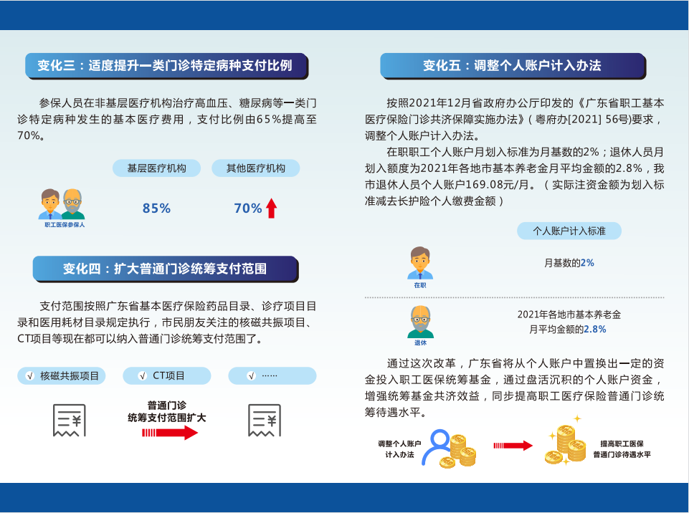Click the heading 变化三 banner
[x=166, y=66]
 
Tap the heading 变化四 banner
[x=166, y=269]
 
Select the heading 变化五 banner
[x=513, y=66]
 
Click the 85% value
[x=156, y=208]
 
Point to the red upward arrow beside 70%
[x=272, y=208]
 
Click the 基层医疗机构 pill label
[x=157, y=168]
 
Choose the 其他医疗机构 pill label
[x=256, y=168]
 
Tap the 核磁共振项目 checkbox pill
[x=62, y=376]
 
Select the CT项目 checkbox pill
[x=167, y=376]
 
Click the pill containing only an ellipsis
[x=272, y=376]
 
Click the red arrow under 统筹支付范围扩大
[x=170, y=433]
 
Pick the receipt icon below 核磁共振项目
[x=70, y=421]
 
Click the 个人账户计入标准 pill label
[x=569, y=231]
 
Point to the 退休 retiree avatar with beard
[x=420, y=322]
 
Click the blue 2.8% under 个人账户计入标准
[x=595, y=330]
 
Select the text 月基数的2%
[x=569, y=263]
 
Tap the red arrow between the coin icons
[x=513, y=446]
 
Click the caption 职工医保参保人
[x=65, y=225]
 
